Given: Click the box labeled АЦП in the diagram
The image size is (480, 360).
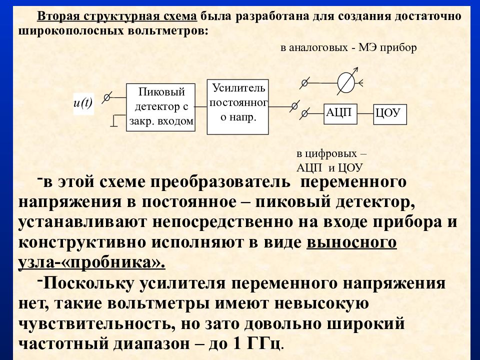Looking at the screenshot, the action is pyautogui.click(x=340, y=113).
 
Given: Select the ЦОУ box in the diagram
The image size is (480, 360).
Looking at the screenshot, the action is pyautogui.click(x=390, y=114).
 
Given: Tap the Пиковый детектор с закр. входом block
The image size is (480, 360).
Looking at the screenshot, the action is pyautogui.click(x=160, y=107).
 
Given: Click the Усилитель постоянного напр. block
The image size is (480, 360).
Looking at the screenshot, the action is pyautogui.click(x=238, y=107).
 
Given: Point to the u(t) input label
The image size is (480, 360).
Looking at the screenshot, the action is pyautogui.click(x=83, y=103).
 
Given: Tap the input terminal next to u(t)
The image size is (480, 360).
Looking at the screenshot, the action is pyautogui.click(x=107, y=97).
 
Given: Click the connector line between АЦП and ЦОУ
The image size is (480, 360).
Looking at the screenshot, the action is pyautogui.click(x=365, y=114).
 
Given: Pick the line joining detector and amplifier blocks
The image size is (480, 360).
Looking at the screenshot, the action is pyautogui.click(x=201, y=107).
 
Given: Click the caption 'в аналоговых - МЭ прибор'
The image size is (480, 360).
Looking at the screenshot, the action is pyautogui.click(x=348, y=48).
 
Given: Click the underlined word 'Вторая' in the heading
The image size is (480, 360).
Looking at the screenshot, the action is pyautogui.click(x=58, y=16).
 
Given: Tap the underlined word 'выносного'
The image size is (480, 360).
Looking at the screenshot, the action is pyautogui.click(x=351, y=243).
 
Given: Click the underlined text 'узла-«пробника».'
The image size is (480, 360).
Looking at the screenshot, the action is pyautogui.click(x=92, y=263).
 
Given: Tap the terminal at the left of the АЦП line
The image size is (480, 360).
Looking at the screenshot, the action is pyautogui.click(x=304, y=114).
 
